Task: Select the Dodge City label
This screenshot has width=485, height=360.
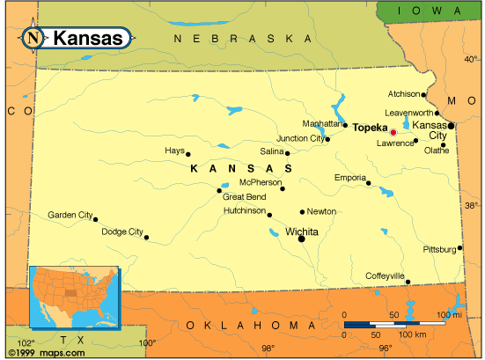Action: click(121, 232)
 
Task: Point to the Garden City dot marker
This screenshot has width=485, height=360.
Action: click(95, 219)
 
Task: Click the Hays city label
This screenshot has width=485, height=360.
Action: click(174, 151)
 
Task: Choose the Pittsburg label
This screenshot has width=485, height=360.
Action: click(438, 250)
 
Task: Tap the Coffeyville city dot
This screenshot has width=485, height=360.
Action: click(408, 281)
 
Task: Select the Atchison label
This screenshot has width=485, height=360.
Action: click(403, 94)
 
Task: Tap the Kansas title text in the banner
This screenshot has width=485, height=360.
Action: click(88, 39)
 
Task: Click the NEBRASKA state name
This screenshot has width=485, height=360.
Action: click(242, 40)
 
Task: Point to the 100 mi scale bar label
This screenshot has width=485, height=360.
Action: click(449, 314)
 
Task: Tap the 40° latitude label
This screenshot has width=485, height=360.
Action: click(471, 59)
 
